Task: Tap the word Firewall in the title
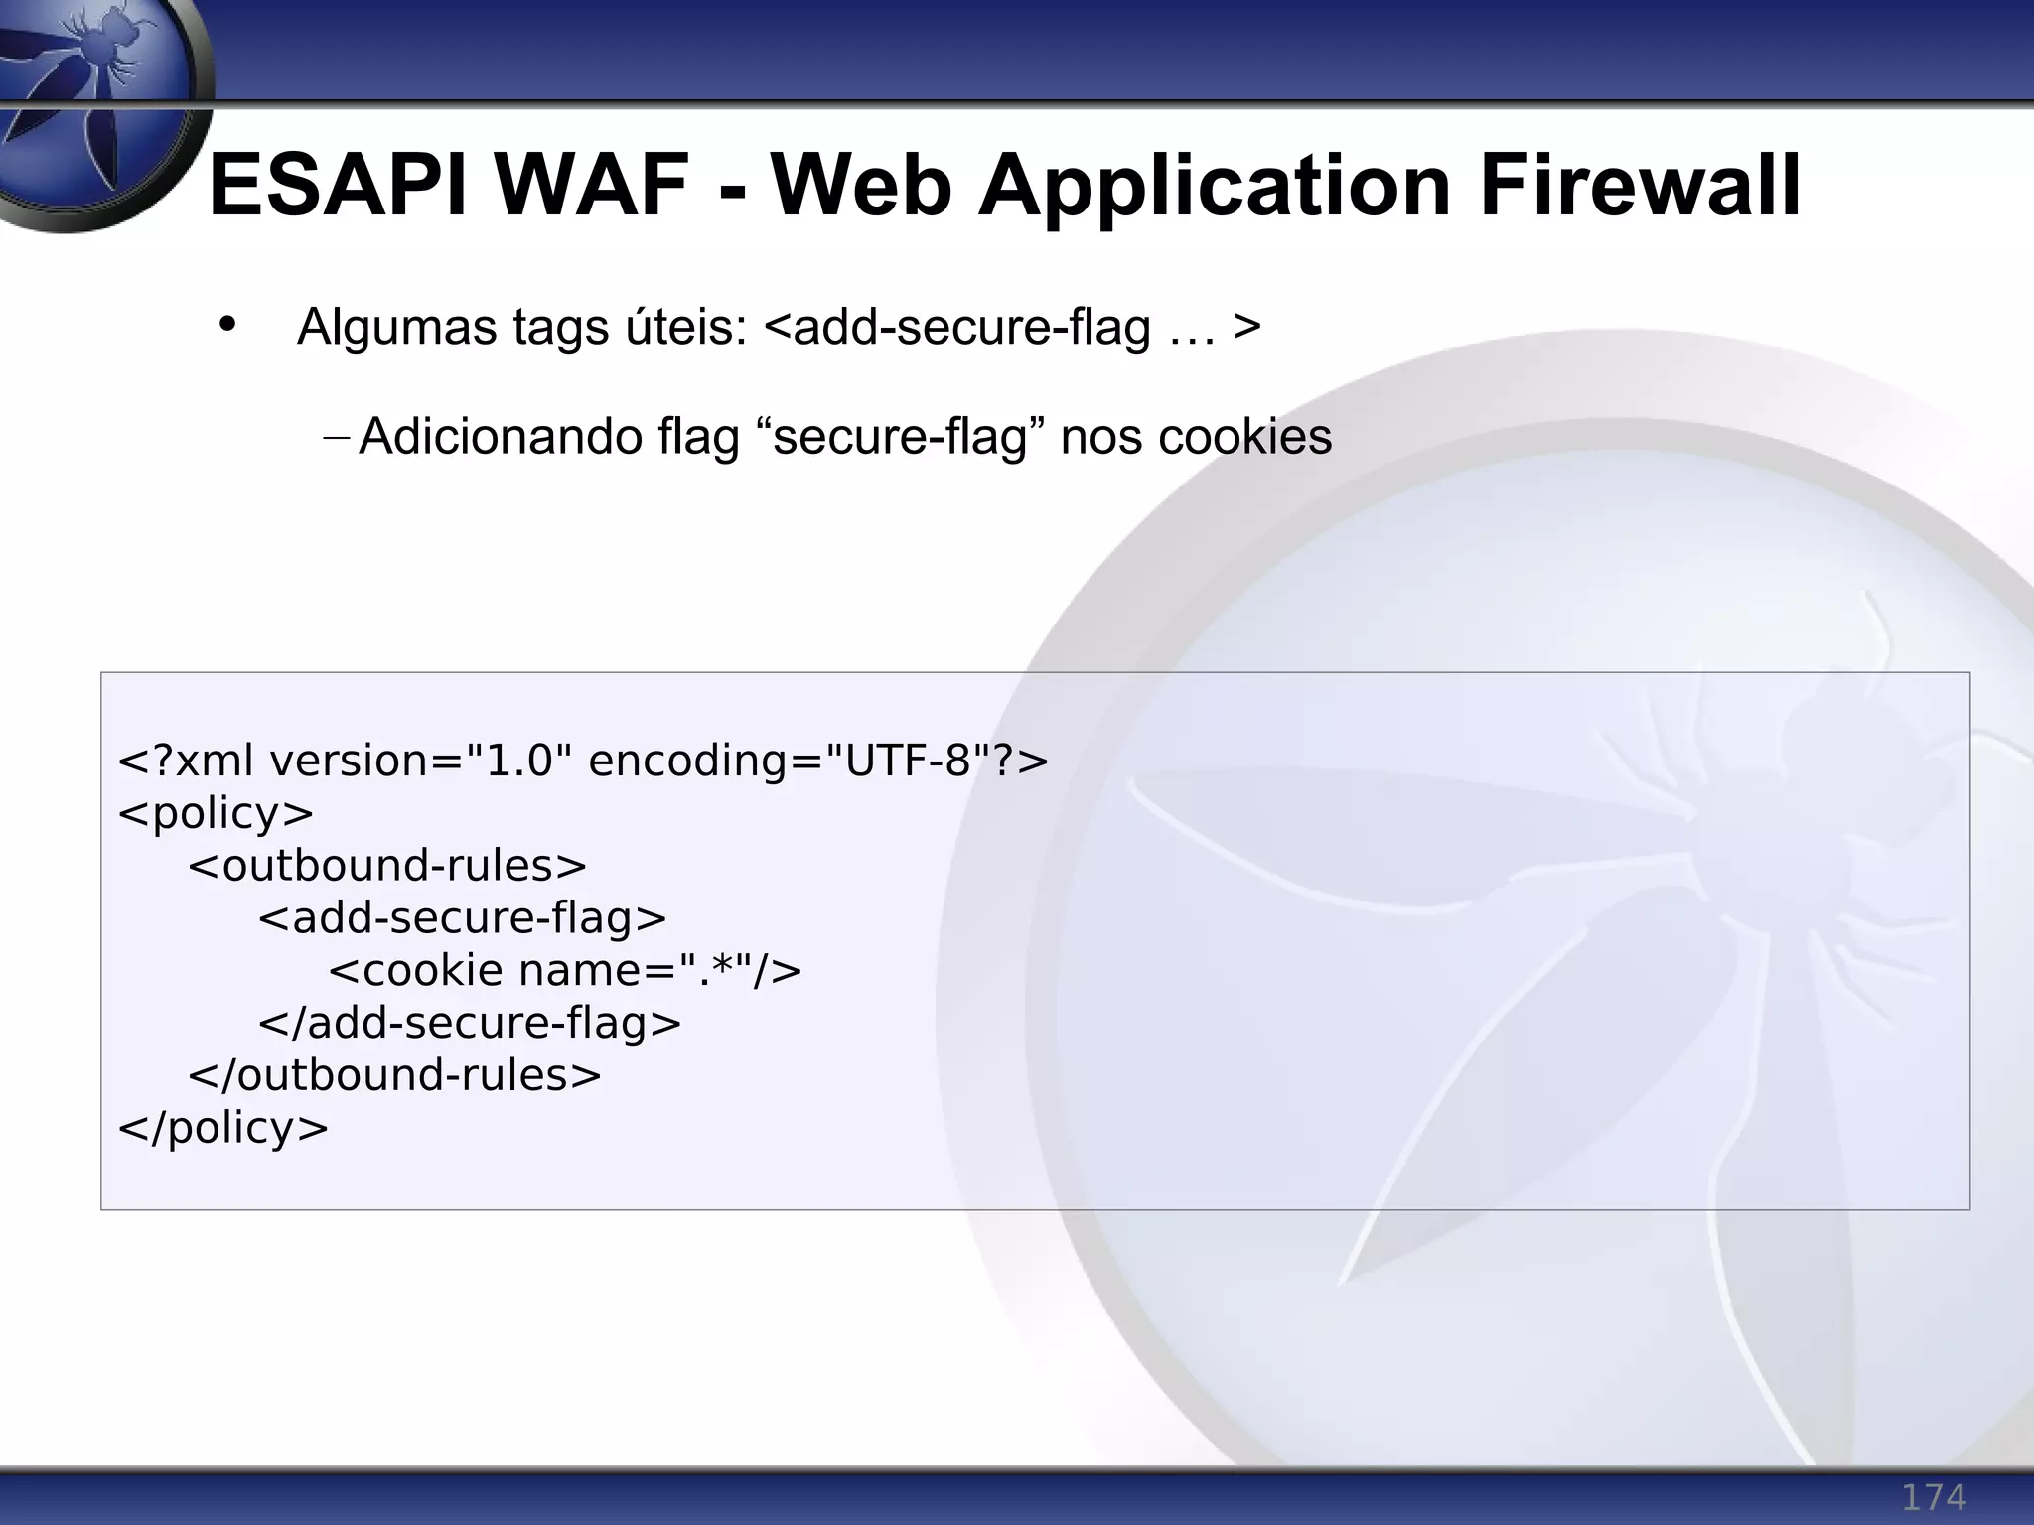point(1640,186)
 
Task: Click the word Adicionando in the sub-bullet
point(500,437)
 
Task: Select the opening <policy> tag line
point(216,813)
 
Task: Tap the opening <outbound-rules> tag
point(387,866)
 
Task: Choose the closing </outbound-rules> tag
point(394,1075)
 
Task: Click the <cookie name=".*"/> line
point(564,970)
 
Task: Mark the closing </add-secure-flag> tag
point(470,1023)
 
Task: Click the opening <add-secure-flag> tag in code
point(462,917)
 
